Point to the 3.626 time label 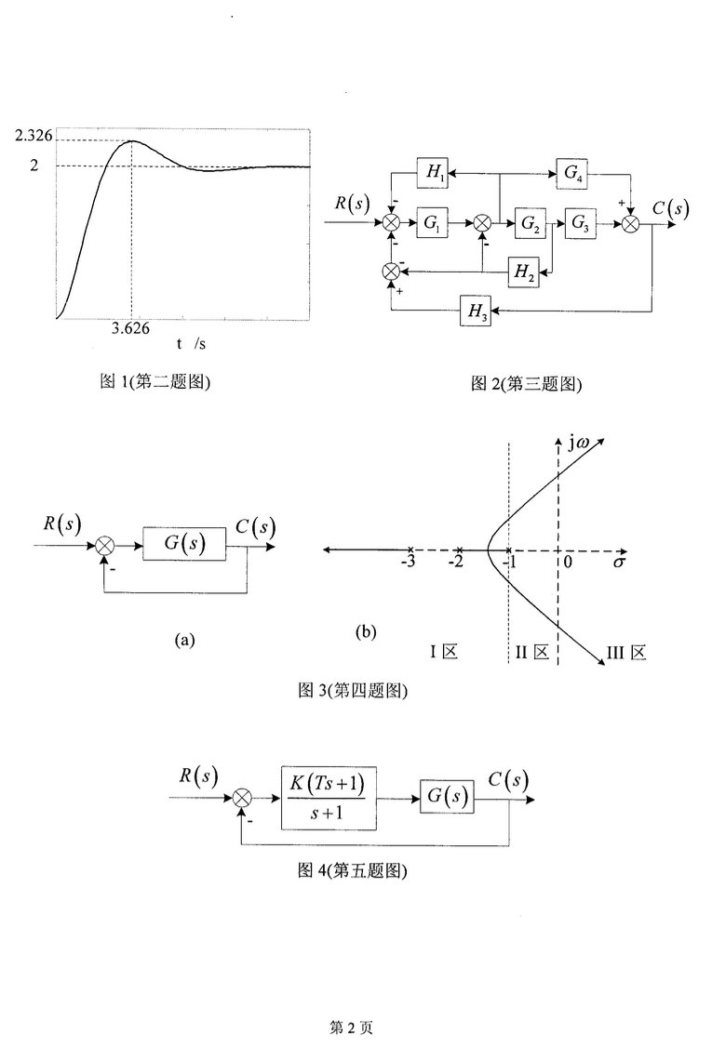pos(131,328)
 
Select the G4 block pos(571,172)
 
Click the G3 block pos(580,223)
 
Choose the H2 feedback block pos(523,272)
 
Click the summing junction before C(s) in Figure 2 pos(633,223)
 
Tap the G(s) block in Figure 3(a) pos(185,543)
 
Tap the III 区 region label pos(626,654)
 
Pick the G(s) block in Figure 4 pos(447,797)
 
